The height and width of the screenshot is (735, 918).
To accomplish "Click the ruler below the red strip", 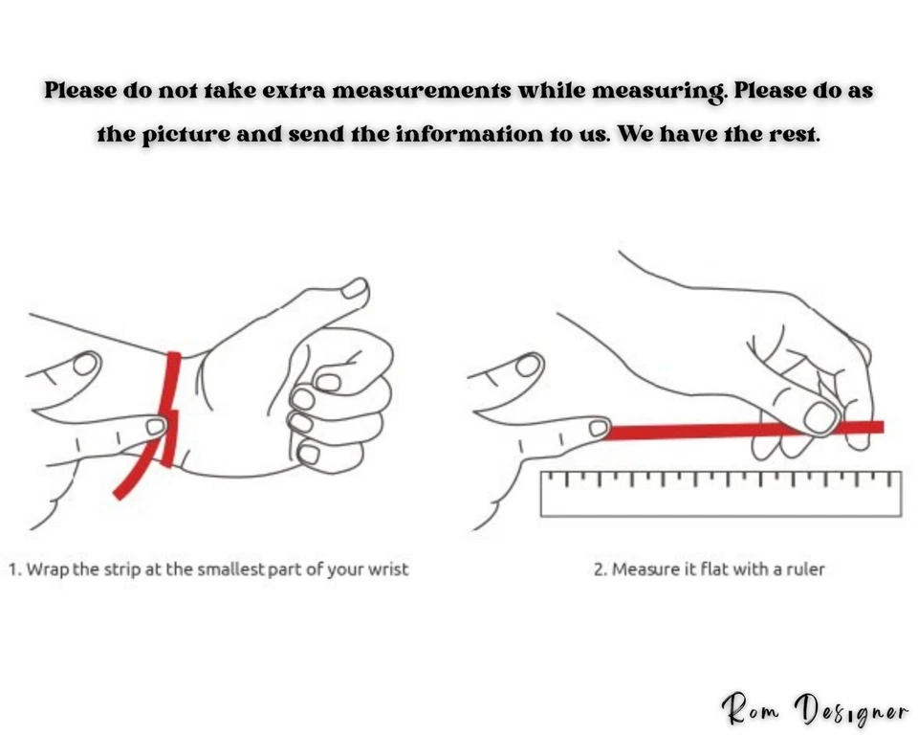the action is pyautogui.click(x=721, y=494).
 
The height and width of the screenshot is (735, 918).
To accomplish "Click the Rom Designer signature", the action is pyautogui.click(x=815, y=708).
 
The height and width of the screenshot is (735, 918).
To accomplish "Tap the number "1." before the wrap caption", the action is pyautogui.click(x=16, y=569).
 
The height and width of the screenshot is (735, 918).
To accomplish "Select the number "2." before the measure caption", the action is pyautogui.click(x=601, y=569).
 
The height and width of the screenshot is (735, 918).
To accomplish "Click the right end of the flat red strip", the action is pyautogui.click(x=883, y=427).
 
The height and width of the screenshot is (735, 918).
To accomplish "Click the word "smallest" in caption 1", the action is pyautogui.click(x=230, y=569).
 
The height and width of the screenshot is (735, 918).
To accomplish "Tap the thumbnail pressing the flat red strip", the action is pyautogui.click(x=820, y=418).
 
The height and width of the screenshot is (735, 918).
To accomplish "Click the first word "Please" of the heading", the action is pyautogui.click(x=80, y=91).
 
